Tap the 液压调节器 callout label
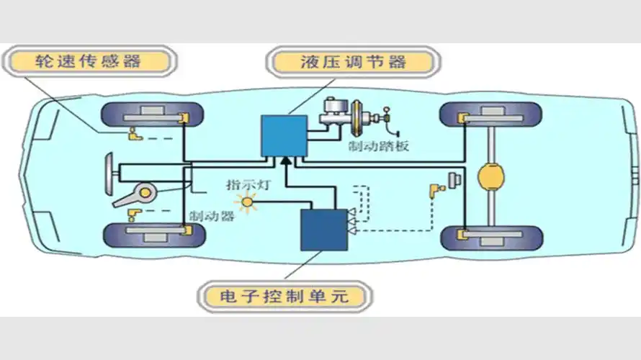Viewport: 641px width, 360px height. pos(353,62)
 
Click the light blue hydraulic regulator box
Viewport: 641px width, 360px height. pos(283,136)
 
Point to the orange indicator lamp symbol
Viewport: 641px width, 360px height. pos(248,202)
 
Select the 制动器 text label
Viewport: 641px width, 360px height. pos(210,216)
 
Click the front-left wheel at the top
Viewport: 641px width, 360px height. pos(151,115)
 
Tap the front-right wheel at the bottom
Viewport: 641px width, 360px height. pos(151,234)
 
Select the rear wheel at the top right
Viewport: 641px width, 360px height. pos(490,115)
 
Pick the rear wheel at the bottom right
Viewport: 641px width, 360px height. pos(490,235)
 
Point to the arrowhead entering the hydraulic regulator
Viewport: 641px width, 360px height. pos(285,159)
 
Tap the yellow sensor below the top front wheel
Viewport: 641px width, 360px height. pos(134,134)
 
